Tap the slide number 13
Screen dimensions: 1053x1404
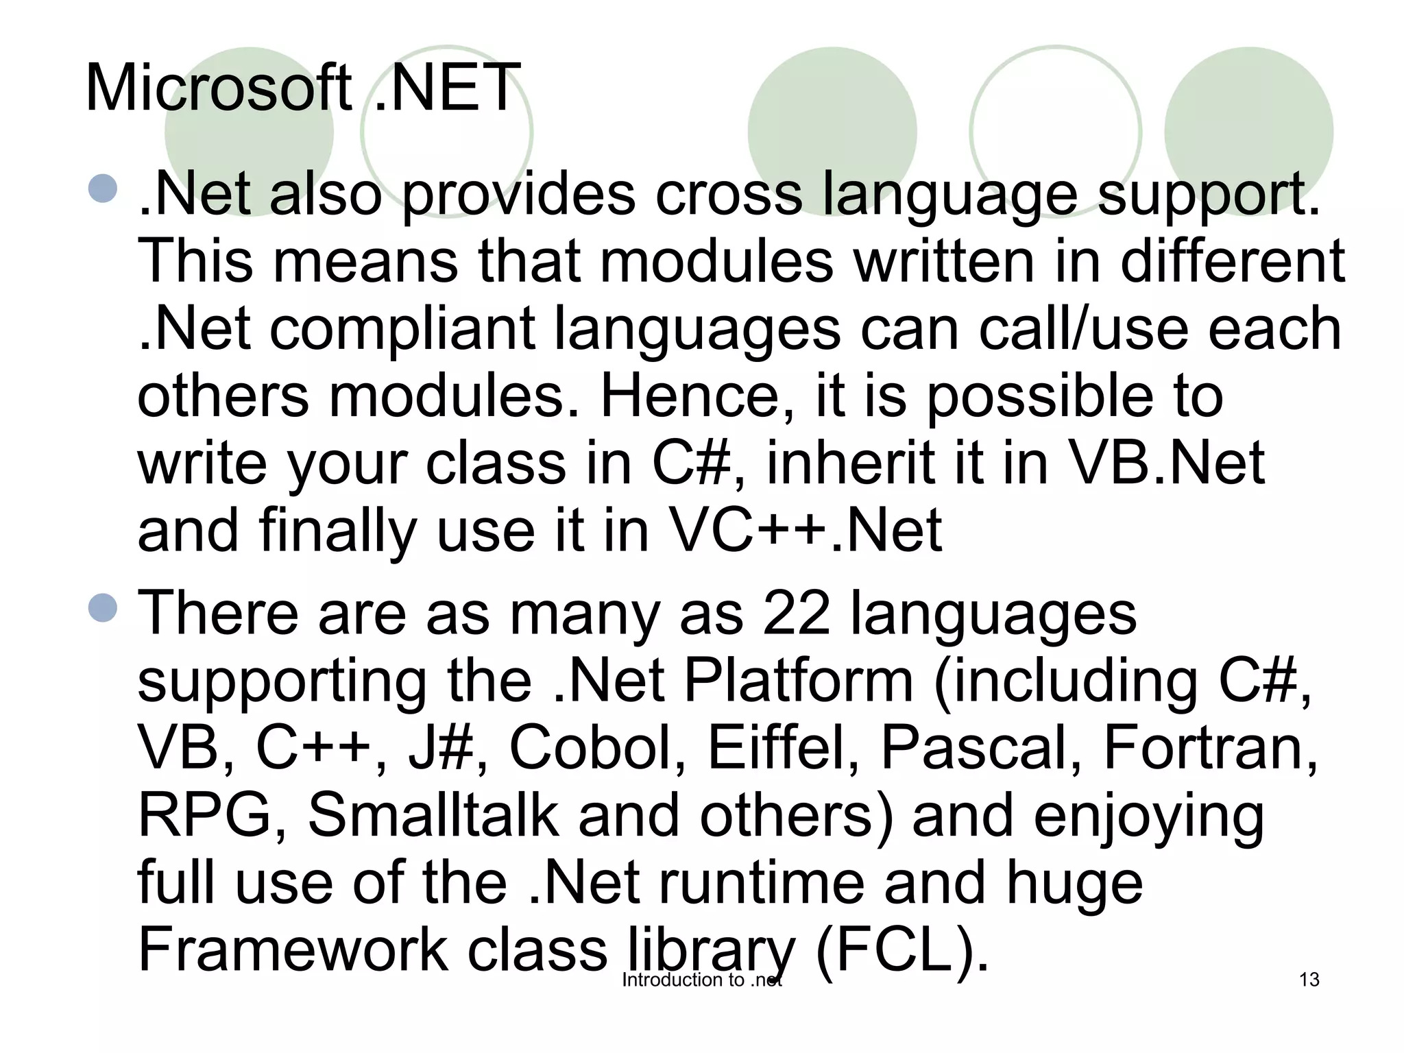point(1309,980)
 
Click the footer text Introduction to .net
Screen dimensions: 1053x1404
point(702,980)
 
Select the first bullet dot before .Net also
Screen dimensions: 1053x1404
point(104,189)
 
